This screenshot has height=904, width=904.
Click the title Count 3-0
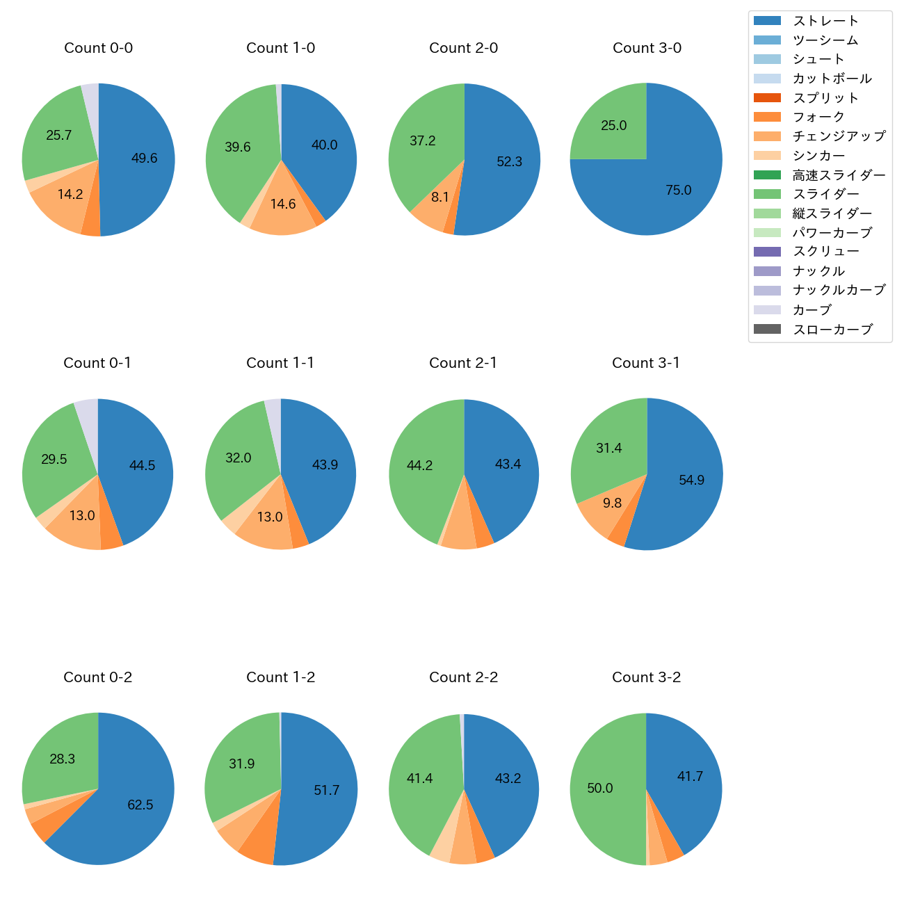647,48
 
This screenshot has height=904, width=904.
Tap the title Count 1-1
280,363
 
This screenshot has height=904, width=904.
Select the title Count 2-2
463,677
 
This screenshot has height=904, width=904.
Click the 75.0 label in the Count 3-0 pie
678,191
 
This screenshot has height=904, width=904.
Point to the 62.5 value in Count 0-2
140,805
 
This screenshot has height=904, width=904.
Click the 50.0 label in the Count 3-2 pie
600,788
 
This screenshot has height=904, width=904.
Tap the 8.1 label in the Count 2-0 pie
440,197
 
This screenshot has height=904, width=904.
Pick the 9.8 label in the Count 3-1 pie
612,503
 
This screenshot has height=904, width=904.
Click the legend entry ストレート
825,21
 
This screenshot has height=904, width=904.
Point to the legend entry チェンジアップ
839,136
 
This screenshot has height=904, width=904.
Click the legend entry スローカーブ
832,330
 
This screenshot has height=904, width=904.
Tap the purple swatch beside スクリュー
767,252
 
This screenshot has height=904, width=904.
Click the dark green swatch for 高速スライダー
767,175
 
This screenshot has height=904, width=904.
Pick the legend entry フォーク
818,117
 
